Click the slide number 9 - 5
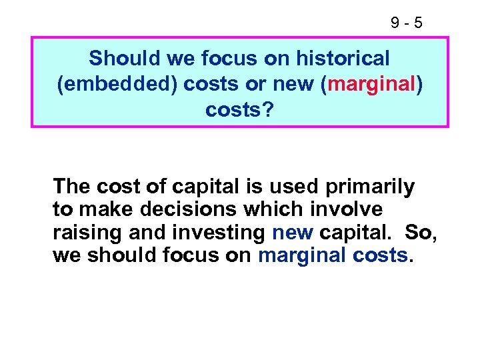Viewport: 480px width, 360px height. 406,23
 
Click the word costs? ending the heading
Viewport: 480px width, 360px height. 239,109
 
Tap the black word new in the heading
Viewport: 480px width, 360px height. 291,84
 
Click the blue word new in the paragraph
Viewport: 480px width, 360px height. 293,233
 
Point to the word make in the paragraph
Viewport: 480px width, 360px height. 101,209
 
